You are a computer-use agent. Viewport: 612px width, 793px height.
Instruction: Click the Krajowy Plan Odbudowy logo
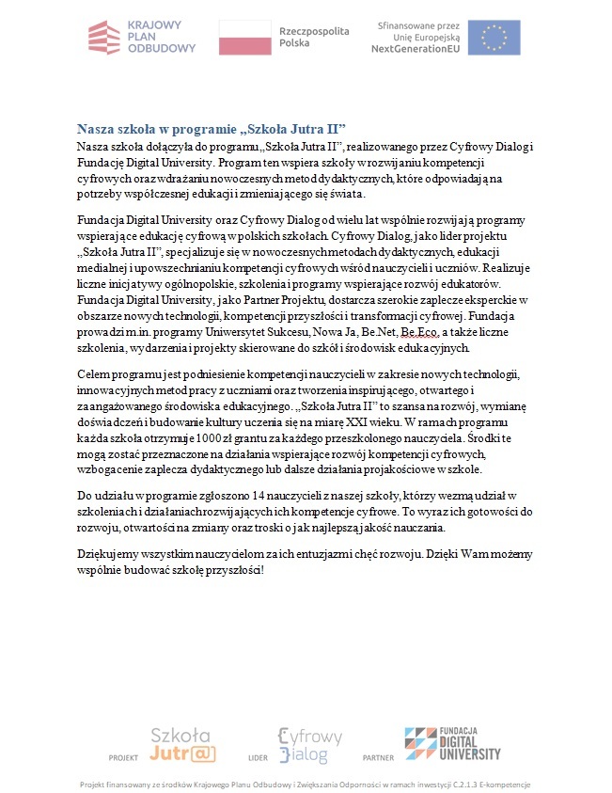pos(142,38)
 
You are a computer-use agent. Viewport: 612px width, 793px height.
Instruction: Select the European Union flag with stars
pos(494,38)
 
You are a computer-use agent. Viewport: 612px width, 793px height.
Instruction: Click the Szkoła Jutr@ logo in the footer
pos(183,743)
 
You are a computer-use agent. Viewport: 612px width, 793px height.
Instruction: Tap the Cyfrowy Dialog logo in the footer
pos(303,744)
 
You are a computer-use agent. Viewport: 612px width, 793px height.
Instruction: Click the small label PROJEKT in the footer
pos(123,757)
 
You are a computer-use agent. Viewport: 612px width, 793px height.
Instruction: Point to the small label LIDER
pos(258,757)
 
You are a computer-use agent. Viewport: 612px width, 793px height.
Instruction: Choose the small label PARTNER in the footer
pos(378,757)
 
